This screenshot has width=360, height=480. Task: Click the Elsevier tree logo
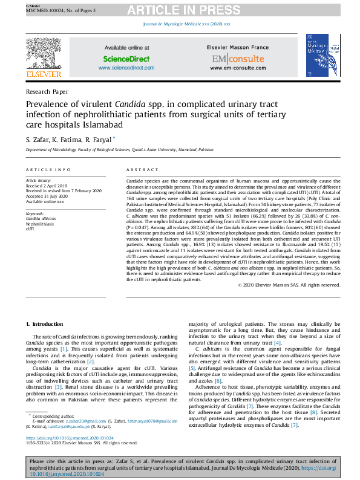click(44, 54)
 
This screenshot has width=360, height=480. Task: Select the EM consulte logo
click(238, 59)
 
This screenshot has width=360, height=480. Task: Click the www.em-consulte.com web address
click(238, 68)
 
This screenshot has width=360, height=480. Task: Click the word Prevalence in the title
click(48, 104)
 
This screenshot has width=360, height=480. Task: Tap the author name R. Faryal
click(106, 139)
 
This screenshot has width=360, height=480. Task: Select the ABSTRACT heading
click(140, 170)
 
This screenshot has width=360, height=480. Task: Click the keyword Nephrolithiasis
click(39, 222)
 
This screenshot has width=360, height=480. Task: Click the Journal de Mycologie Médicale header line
click(186, 24)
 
